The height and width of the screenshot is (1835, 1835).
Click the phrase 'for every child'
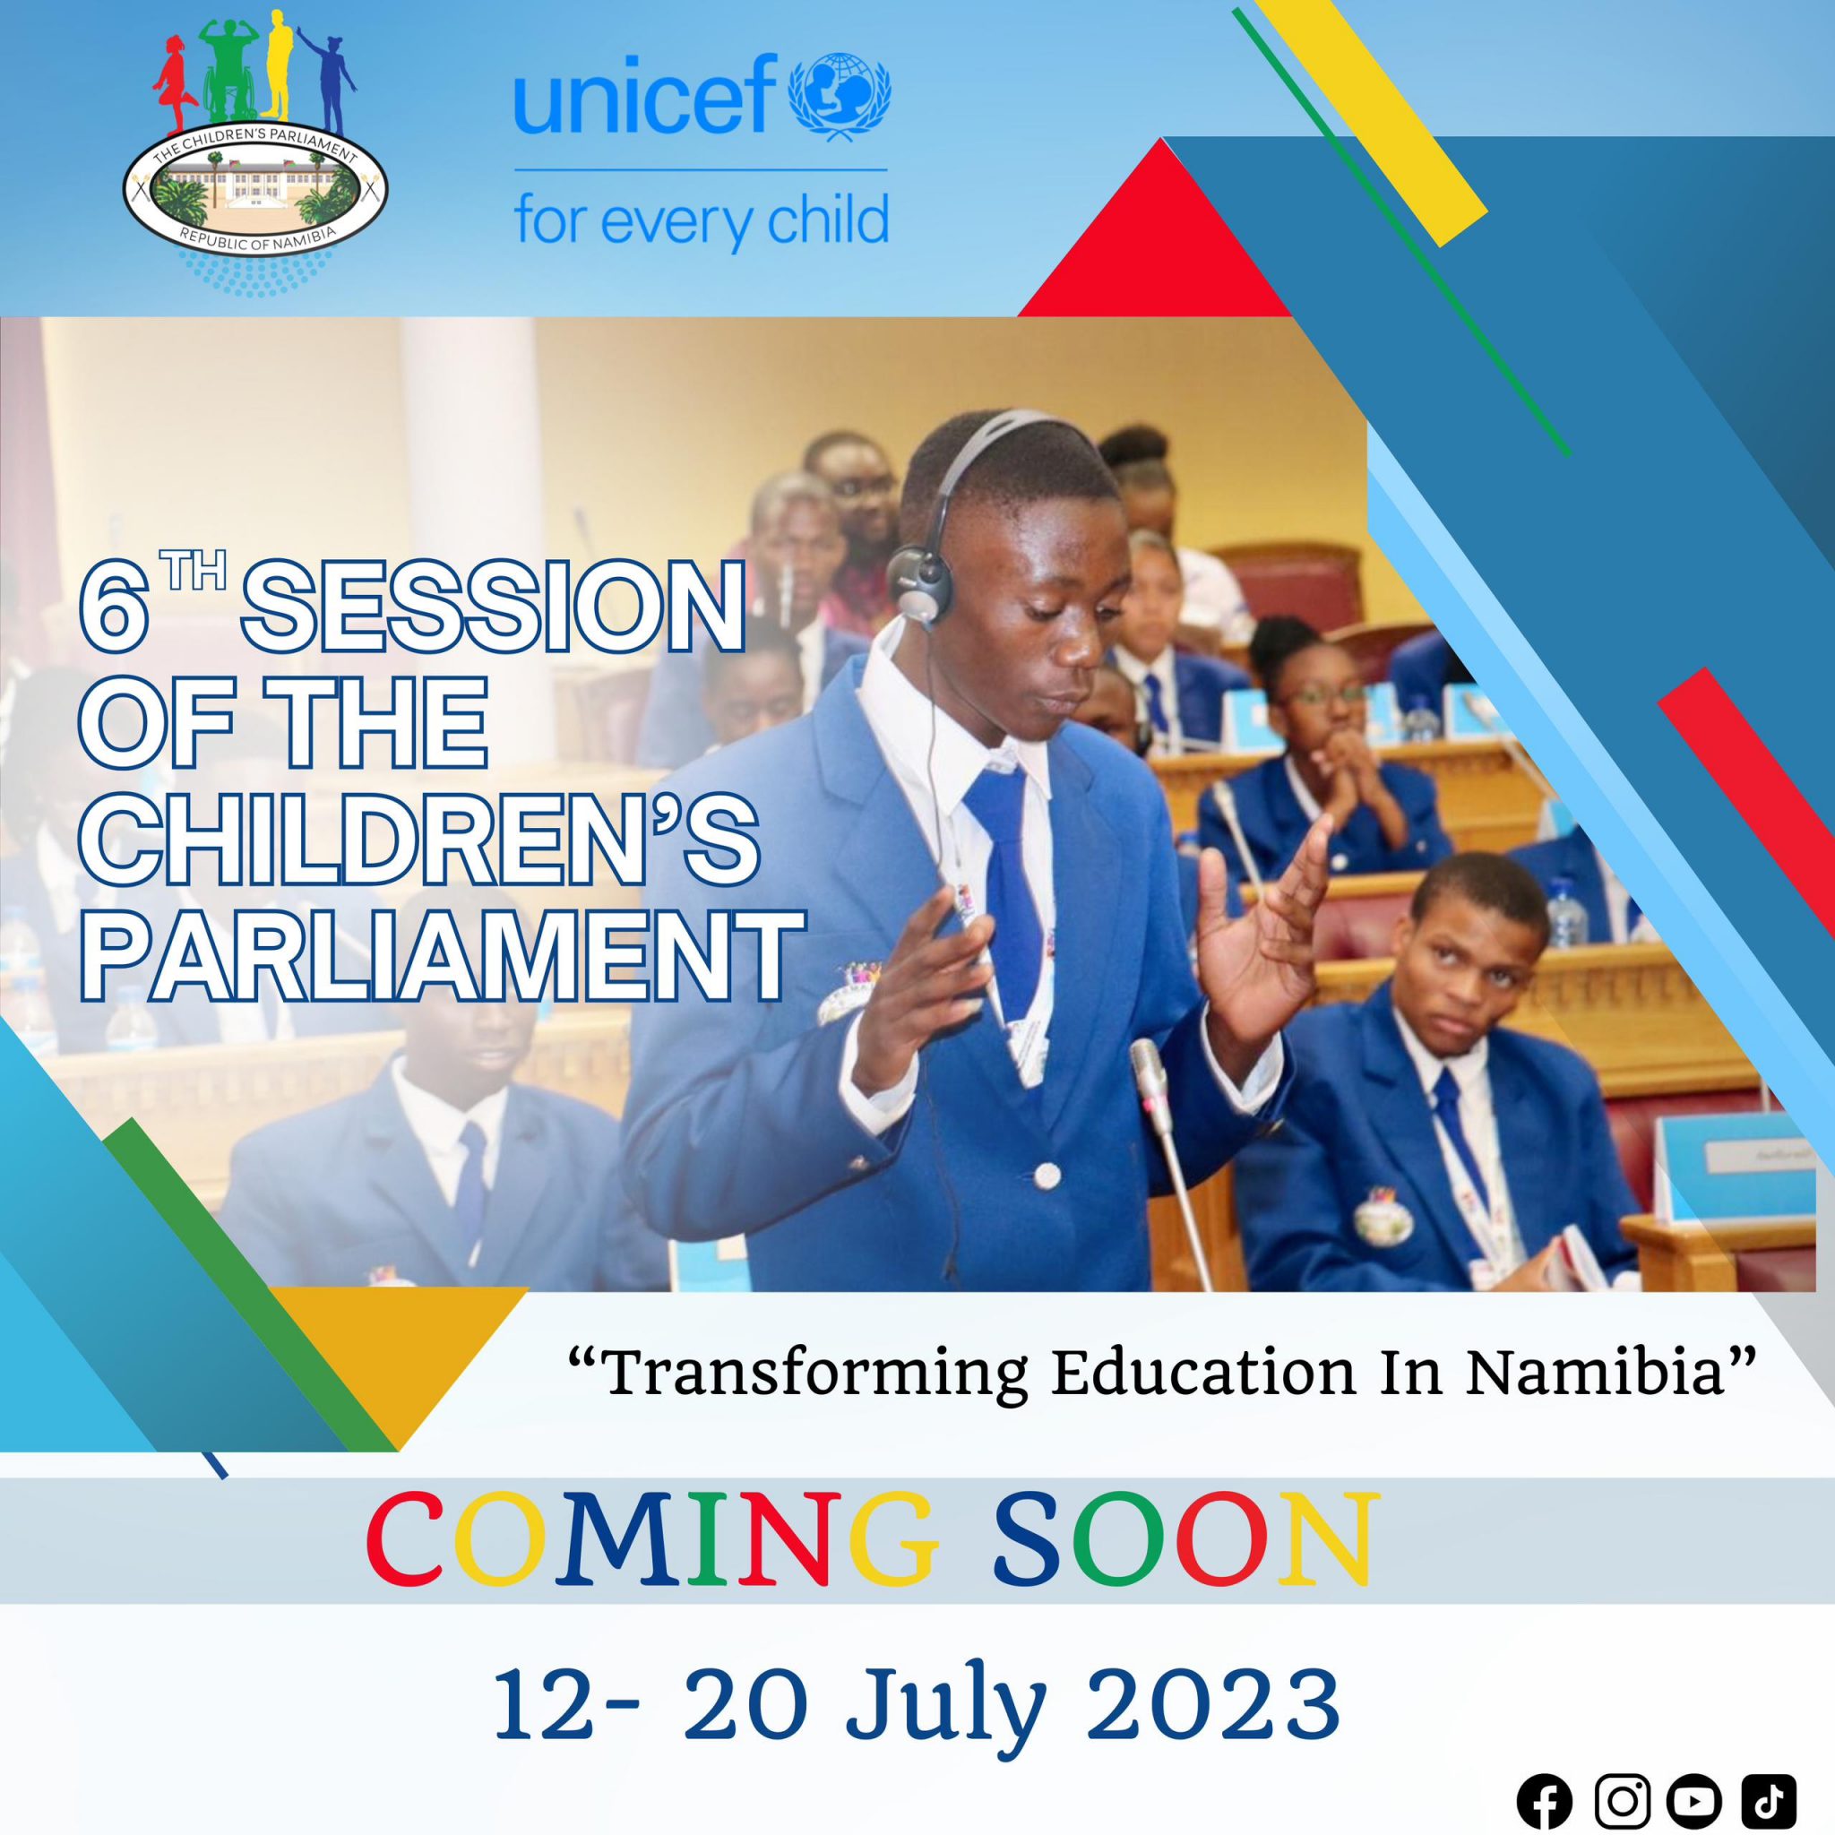click(701, 221)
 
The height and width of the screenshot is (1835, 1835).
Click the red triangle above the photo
click(1155, 228)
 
